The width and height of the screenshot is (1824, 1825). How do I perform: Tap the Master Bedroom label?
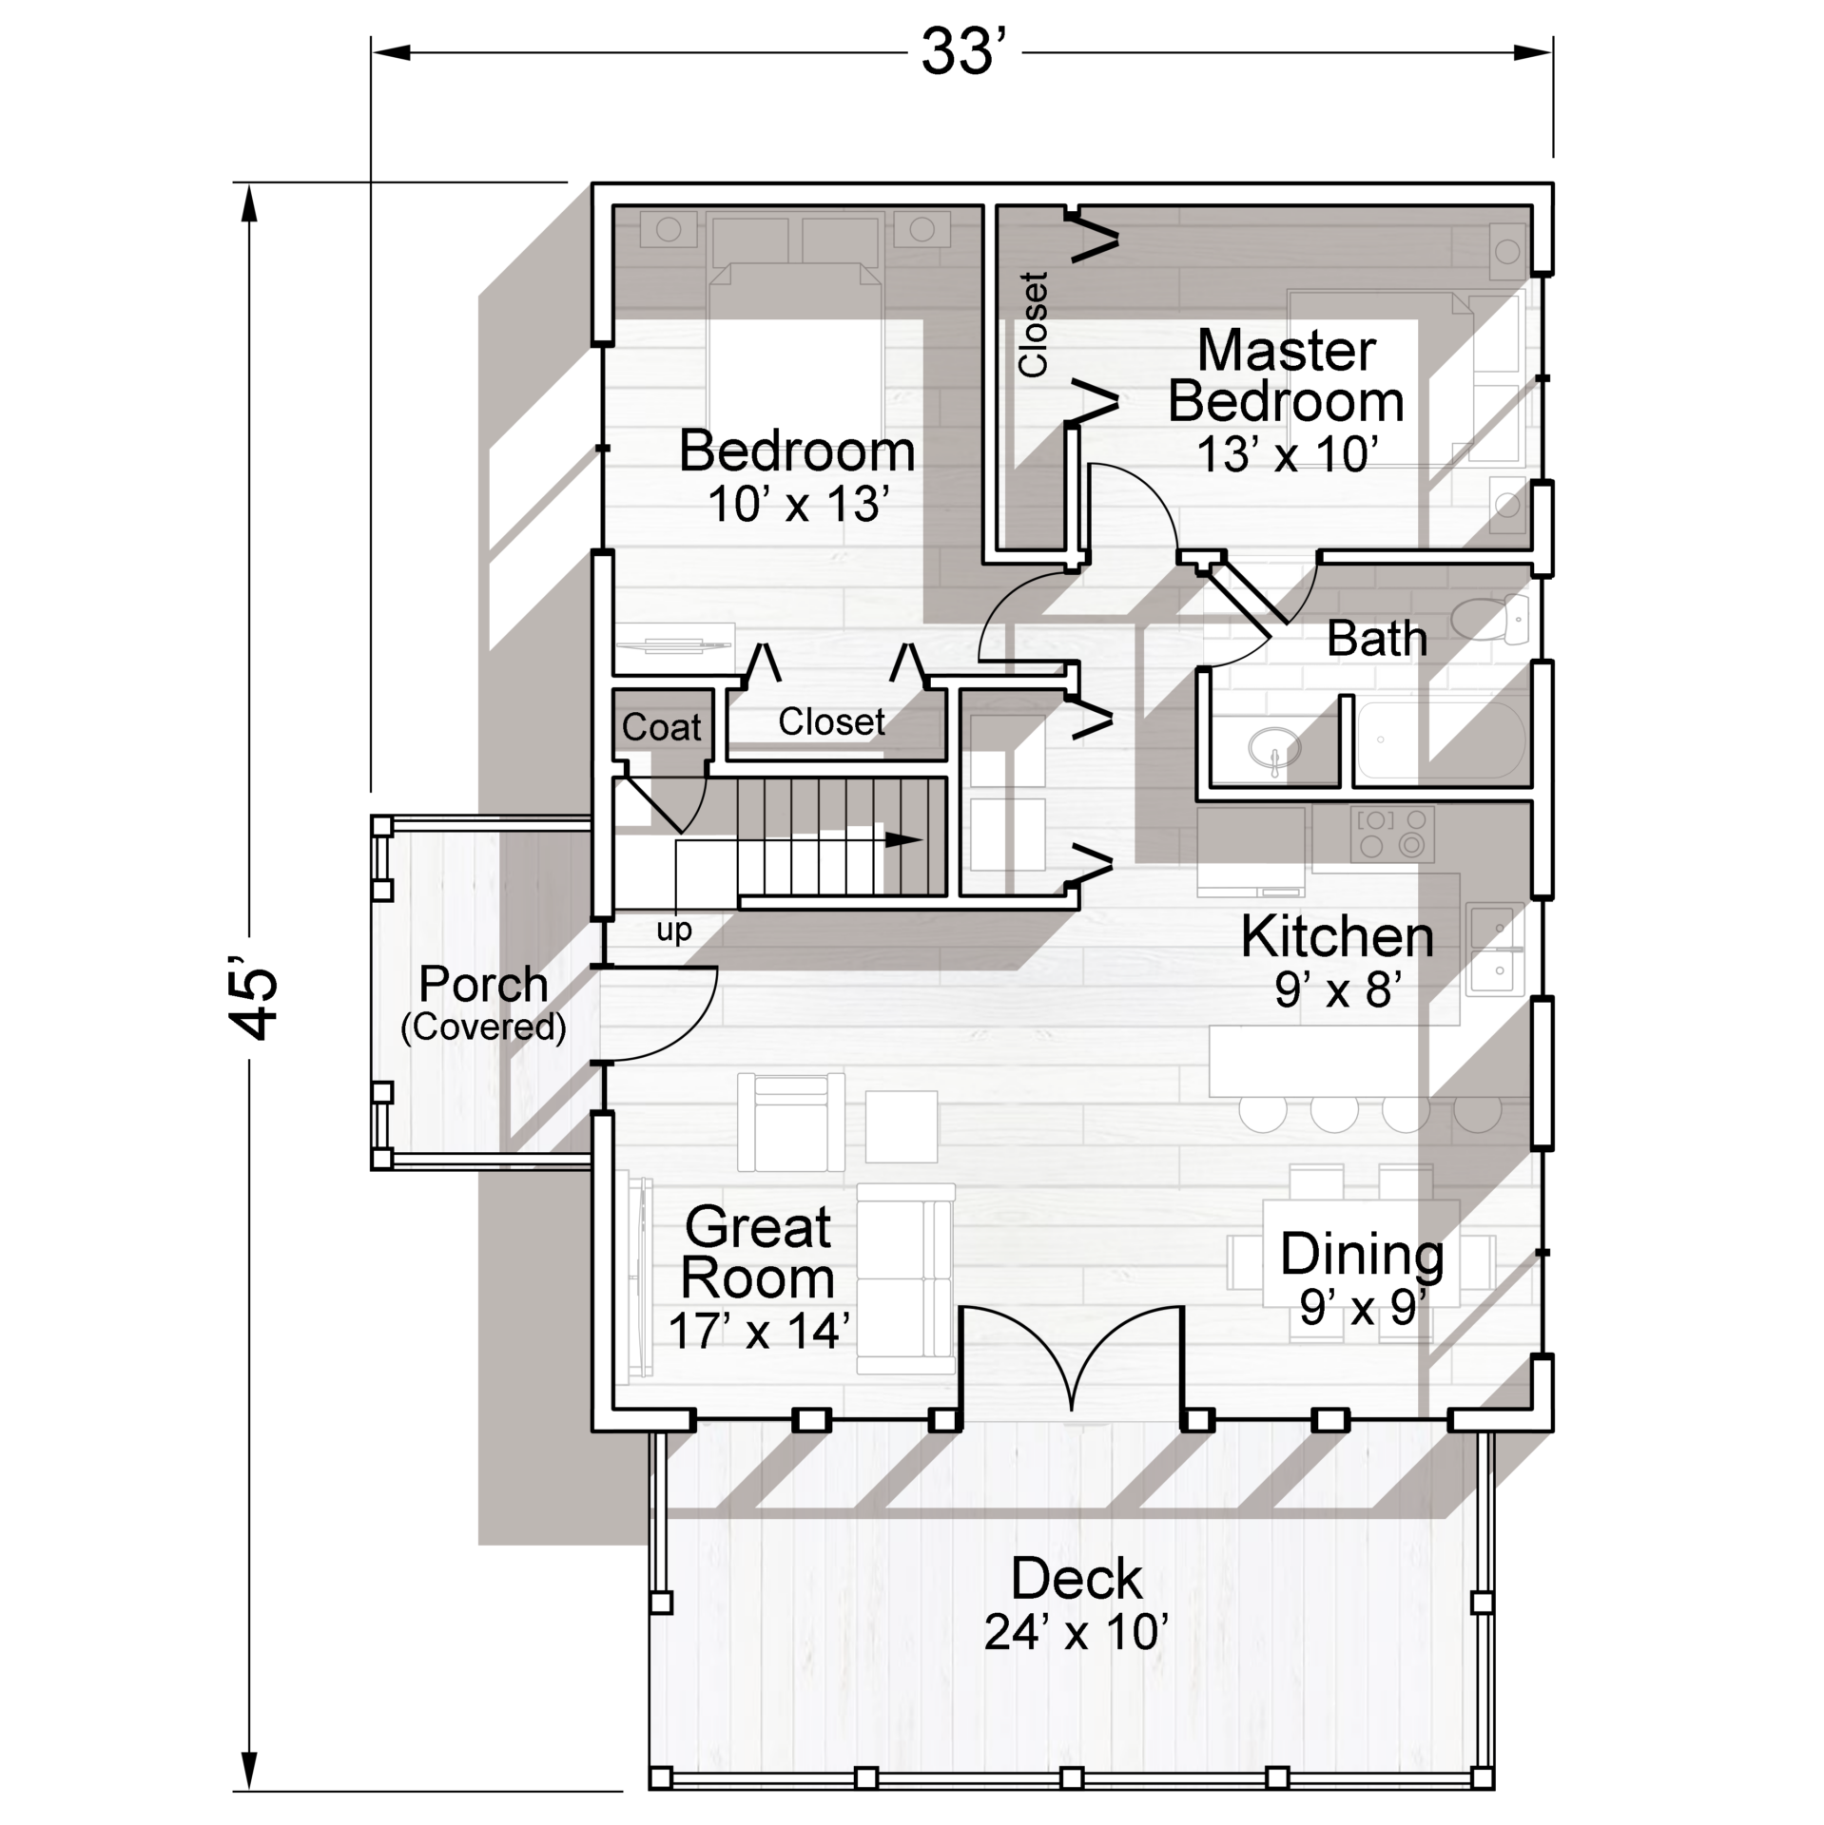click(1286, 376)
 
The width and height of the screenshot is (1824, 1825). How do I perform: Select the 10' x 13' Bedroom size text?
click(798, 505)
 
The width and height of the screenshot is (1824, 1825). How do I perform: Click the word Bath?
click(1377, 639)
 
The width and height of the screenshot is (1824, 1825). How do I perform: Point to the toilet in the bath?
click(1488, 618)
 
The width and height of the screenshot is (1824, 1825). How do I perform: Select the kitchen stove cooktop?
click(1392, 834)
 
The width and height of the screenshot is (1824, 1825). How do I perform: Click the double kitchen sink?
click(1495, 950)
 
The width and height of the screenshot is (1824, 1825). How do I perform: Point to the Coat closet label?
click(662, 727)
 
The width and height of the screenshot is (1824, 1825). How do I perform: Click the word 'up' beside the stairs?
click(673, 931)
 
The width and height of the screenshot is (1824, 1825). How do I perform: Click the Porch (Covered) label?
click(483, 1002)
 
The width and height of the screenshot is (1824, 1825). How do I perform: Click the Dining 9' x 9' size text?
click(1363, 1309)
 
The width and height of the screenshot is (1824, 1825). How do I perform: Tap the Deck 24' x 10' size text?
click(1076, 1632)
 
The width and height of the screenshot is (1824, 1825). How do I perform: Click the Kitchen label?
click(1337, 937)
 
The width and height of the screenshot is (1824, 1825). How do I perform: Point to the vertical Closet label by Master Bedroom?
click(1033, 324)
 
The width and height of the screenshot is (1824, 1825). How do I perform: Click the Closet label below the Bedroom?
click(831, 722)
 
